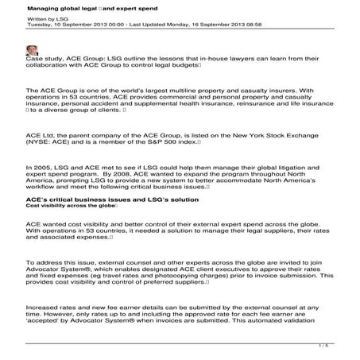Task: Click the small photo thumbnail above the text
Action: [x=32, y=50]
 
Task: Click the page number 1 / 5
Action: [x=323, y=345]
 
